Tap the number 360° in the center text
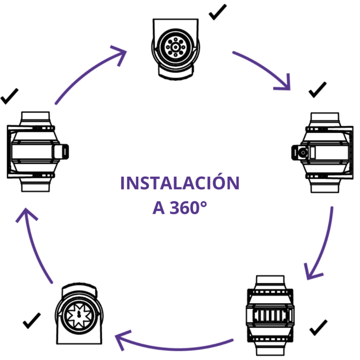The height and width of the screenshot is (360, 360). tap(188, 208)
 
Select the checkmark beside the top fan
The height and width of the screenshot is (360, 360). tap(217, 12)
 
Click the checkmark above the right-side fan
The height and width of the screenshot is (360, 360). tap(317, 90)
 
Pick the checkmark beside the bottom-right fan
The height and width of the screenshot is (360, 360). tap(318, 327)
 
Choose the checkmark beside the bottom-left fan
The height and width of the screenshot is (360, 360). tap(32, 321)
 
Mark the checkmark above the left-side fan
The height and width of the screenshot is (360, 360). tap(9, 96)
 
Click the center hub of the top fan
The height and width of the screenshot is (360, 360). tap(176, 47)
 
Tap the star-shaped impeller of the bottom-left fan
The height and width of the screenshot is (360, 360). tap(79, 315)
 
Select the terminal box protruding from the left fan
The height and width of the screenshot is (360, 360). tap(61, 151)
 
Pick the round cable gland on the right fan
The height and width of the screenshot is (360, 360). tap(303, 152)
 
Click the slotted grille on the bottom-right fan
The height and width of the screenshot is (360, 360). tap(270, 315)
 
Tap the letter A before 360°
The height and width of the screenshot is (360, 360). tap(159, 208)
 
